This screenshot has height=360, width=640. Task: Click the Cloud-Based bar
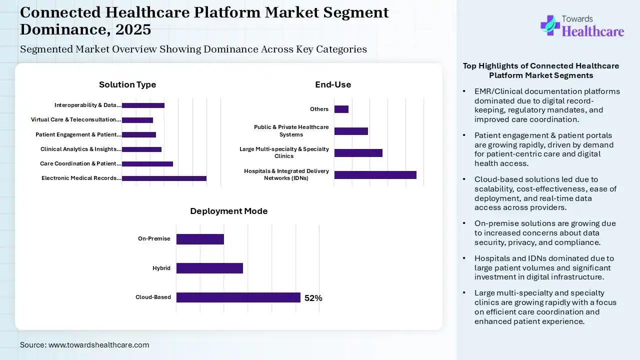click(x=238, y=297)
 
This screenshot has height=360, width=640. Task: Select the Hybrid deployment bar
click(x=209, y=268)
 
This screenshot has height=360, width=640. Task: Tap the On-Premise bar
click(x=200, y=239)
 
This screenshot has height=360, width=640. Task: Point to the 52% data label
click(x=313, y=298)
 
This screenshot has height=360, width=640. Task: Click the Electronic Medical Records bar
click(x=164, y=178)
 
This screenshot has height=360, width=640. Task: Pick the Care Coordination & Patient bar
click(x=147, y=164)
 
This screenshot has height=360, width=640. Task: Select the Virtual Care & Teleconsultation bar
click(x=137, y=120)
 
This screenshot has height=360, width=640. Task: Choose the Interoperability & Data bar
click(x=143, y=105)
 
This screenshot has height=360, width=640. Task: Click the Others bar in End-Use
click(x=341, y=109)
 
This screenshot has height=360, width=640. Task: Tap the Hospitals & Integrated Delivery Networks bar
click(x=375, y=175)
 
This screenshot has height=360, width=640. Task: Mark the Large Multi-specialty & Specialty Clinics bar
click(x=358, y=153)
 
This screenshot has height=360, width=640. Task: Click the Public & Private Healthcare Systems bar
click(x=351, y=131)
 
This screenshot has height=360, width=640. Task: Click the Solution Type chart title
click(x=127, y=85)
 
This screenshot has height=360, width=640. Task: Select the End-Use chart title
click(x=333, y=85)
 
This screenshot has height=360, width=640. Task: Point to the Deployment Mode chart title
click(x=229, y=211)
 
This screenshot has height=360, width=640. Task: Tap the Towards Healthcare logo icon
click(x=550, y=25)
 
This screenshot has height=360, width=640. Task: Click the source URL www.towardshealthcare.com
click(x=98, y=345)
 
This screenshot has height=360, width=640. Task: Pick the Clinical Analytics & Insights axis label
click(x=80, y=149)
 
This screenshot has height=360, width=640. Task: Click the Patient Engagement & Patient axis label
click(x=78, y=135)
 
